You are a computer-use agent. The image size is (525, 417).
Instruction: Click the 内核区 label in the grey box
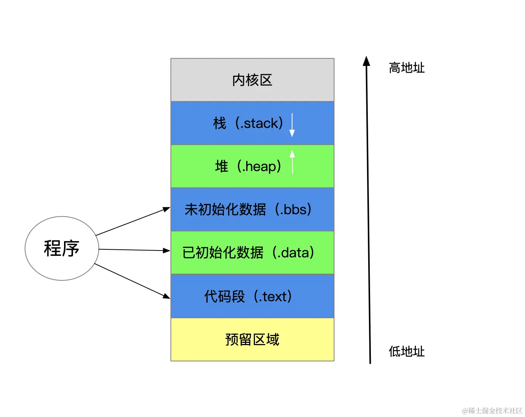[x=252, y=80]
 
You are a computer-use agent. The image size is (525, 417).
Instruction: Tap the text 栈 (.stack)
[x=248, y=123]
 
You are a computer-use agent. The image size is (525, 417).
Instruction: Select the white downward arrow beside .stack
[x=292, y=125]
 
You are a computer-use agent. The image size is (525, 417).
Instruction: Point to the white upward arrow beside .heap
[x=292, y=162]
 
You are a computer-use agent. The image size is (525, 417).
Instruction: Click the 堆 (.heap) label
[x=248, y=166]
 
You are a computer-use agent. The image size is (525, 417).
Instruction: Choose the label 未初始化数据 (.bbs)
[x=248, y=210]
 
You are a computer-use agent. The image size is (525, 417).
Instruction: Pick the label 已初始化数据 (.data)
[x=248, y=253]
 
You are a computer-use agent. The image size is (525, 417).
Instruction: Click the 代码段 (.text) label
[x=248, y=296]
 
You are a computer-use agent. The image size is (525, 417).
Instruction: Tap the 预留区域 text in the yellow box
[x=252, y=339]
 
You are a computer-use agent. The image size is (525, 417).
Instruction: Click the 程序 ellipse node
[x=62, y=249]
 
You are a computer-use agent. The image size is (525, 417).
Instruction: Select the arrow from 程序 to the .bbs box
[x=133, y=221]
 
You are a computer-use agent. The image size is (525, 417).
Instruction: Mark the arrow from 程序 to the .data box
[x=133, y=250]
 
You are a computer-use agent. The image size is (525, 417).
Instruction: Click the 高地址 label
[x=406, y=68]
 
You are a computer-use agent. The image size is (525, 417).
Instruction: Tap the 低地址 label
[x=406, y=352]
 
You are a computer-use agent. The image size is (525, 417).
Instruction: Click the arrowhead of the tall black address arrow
[x=366, y=61]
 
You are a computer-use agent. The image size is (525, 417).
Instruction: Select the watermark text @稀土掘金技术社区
[x=492, y=411]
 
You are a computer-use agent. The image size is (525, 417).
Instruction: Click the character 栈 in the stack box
[x=220, y=123]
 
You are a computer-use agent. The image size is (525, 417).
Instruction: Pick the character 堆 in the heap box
[x=222, y=166]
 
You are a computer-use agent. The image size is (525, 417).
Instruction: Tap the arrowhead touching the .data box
[x=167, y=251]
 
